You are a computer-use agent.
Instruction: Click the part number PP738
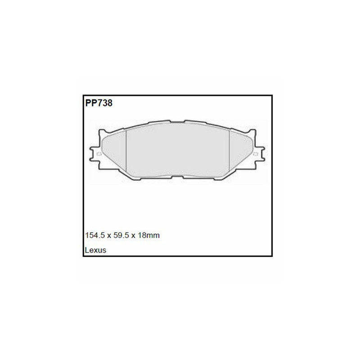click(x=99, y=103)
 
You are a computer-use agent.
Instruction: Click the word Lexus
click(x=95, y=250)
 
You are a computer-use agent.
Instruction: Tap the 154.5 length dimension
click(x=94, y=235)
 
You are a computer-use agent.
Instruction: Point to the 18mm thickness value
click(x=148, y=235)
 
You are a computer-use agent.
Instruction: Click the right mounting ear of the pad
click(x=261, y=154)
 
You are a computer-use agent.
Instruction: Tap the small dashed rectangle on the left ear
click(x=99, y=154)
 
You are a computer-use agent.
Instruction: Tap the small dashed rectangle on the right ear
click(x=255, y=154)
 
